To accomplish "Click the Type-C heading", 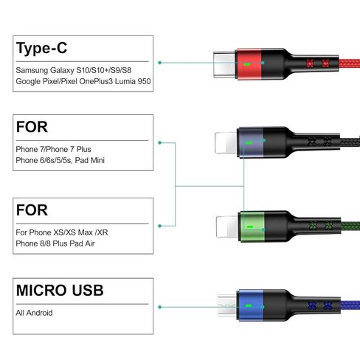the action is pos(41,49).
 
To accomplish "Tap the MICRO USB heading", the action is pos(60,290).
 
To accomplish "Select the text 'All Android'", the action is pos(34,313).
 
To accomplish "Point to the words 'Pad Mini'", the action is pos(90,160).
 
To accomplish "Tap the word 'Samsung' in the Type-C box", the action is pos(32,70).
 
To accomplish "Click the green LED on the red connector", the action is pos(247,65).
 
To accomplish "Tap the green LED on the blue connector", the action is pos(249,306).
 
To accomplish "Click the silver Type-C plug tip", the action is pos(224,64).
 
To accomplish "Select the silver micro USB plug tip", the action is pos(226,305).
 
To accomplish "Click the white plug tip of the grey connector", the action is pos(226,143).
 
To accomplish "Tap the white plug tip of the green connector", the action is pos(227,226).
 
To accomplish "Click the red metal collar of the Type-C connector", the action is pos(248,64).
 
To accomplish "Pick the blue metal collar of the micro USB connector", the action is pos(250,305).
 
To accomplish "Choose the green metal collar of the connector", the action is pos(252,226).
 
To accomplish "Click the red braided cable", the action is pos(349,63).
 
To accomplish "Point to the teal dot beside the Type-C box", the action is pos(160,63).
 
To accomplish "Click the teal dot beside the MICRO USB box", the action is pos(160,307).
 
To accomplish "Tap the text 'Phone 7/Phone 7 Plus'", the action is pos(53,149).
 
